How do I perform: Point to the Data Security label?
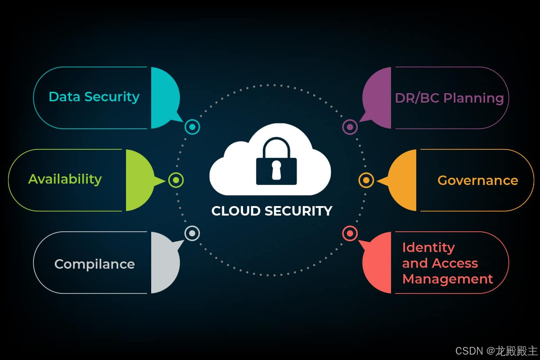pos(94,97)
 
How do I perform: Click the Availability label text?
pos(65,179)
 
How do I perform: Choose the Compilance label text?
pos(94,264)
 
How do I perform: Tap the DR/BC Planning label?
pos(449,98)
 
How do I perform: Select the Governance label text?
pos(477,180)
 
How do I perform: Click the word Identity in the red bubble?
pos(428,247)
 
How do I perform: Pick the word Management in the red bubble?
pos(447,279)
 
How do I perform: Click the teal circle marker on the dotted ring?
pos(193,127)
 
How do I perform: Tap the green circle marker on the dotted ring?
pos(176,180)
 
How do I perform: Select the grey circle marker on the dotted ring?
pos(192,233)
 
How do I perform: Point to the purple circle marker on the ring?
pos(350,127)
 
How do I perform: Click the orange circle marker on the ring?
pos(366,180)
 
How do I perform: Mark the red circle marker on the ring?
pos(350,233)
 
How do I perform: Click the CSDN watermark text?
pos(468,351)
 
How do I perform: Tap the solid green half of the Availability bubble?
pos(139,180)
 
